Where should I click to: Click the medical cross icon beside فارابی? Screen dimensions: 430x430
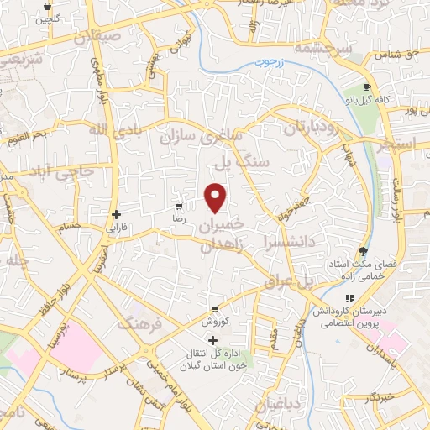coord(116,214)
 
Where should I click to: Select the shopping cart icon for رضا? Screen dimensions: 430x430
coord(178,206)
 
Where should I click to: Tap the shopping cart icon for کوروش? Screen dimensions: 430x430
coord(215,308)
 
